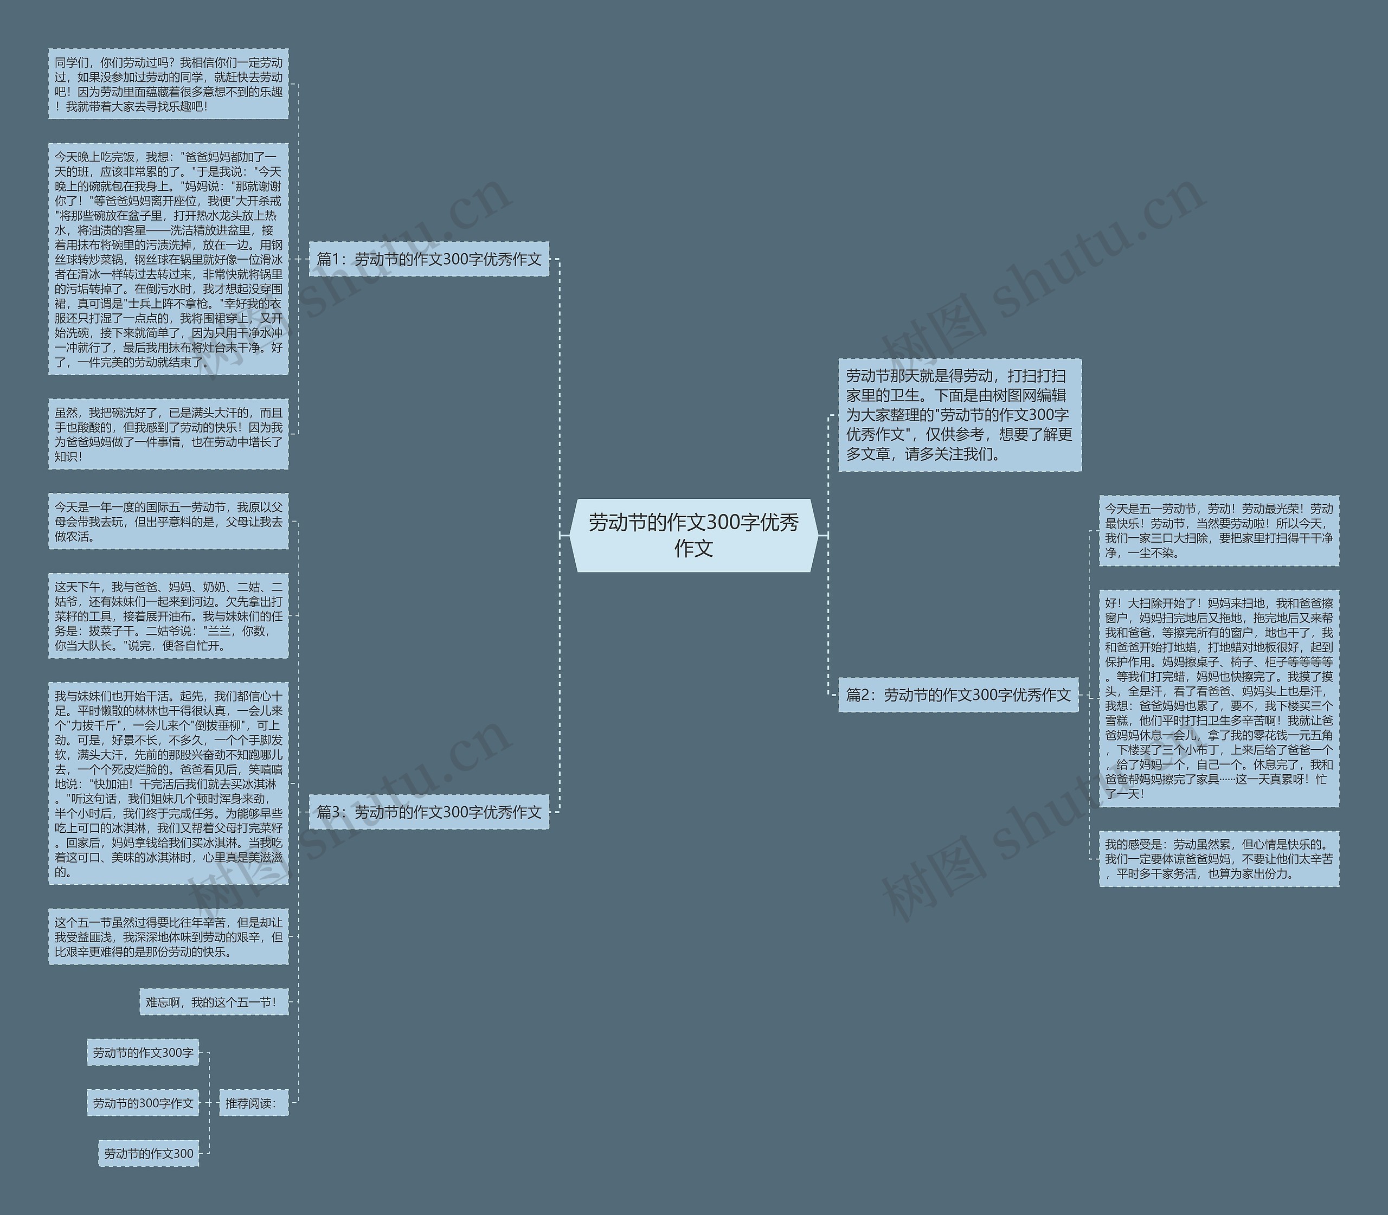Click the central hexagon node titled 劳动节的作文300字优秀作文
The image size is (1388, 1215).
[x=693, y=535]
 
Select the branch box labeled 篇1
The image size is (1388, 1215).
[x=428, y=259]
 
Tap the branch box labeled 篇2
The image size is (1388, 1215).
[x=958, y=695]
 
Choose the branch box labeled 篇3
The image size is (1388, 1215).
[x=428, y=812]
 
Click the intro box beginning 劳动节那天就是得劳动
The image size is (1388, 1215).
[x=960, y=414]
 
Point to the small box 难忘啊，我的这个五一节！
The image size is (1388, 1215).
[x=214, y=1001]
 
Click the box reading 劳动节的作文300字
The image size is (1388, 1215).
[x=143, y=1052]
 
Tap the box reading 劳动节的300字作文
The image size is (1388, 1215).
[x=143, y=1103]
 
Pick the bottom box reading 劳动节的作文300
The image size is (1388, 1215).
[x=149, y=1153]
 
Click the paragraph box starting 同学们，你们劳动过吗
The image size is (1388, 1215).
[x=168, y=84]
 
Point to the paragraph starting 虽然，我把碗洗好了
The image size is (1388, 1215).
[x=168, y=434]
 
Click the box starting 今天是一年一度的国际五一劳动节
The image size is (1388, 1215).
[x=168, y=522]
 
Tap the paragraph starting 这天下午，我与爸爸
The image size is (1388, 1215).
[x=168, y=616]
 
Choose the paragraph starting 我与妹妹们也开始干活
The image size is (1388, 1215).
[x=168, y=783]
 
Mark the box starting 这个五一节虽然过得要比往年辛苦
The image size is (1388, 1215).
[x=168, y=936]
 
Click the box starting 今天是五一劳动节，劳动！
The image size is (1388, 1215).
[x=1218, y=530]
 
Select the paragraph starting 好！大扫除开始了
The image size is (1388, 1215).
[x=1218, y=698]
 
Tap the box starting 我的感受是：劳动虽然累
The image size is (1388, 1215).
[x=1218, y=858]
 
